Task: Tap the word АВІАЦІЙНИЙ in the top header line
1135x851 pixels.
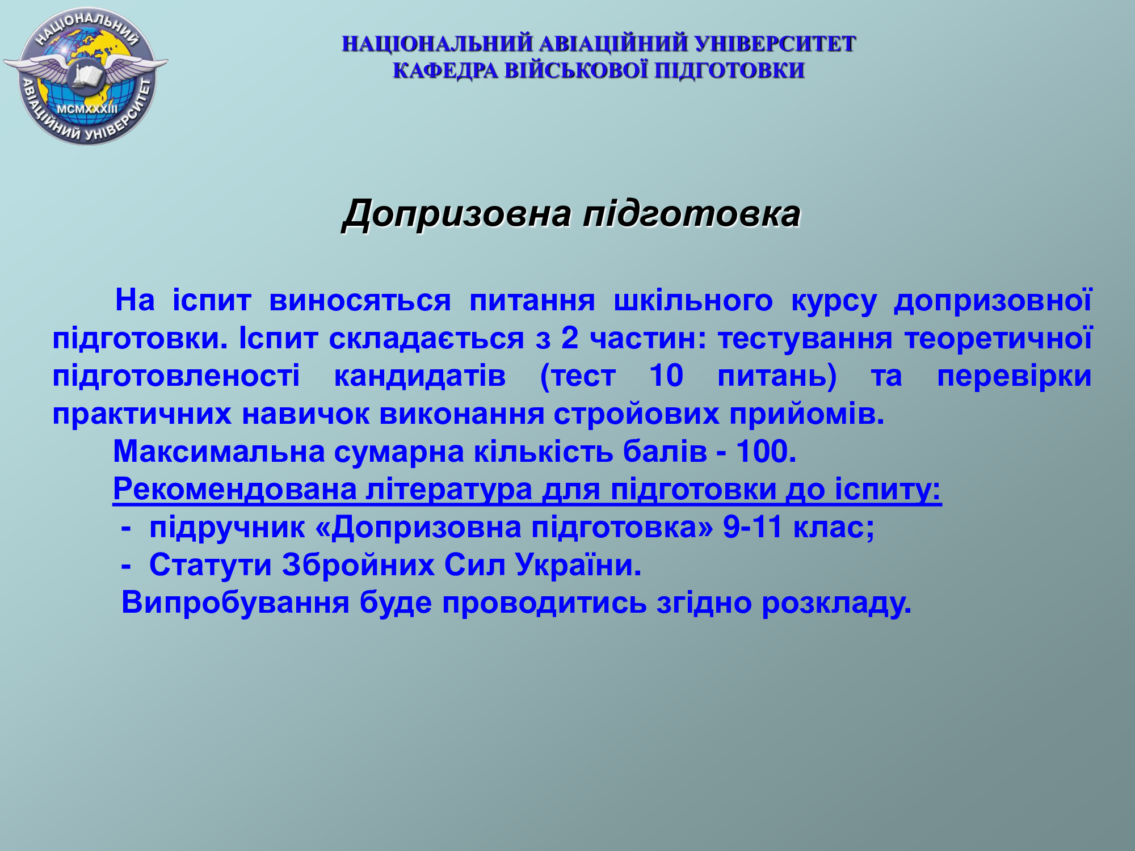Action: point(613,44)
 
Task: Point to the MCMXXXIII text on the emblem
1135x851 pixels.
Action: point(87,108)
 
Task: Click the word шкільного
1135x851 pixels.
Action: point(693,300)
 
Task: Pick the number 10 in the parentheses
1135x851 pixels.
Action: point(666,376)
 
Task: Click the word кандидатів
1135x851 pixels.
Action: point(419,377)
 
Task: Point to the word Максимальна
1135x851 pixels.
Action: point(219,452)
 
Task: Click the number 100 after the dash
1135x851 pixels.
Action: point(766,452)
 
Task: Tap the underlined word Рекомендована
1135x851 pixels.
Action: point(234,490)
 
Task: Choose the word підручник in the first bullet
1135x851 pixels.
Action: point(227,528)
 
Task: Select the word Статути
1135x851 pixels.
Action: point(211,566)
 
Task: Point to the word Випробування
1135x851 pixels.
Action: point(236,603)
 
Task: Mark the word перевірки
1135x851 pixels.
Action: point(1014,377)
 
